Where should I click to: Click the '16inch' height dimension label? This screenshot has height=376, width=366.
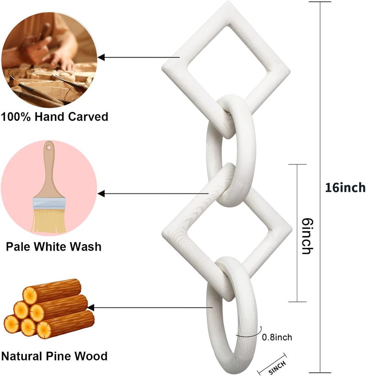345,188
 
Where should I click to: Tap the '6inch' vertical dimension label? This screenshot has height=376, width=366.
307,236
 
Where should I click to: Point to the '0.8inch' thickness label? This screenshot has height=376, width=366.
277,337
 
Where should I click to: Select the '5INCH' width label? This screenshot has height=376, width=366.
277,367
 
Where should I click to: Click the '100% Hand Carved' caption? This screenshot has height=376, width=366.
54,117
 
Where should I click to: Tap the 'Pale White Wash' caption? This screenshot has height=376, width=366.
54,247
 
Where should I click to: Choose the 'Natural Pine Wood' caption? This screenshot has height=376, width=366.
54,356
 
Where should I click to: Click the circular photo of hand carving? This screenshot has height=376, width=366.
49,60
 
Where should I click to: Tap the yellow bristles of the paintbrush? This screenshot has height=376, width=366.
48,220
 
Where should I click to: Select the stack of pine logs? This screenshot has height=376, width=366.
49,309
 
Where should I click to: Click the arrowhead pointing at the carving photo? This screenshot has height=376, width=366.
101,57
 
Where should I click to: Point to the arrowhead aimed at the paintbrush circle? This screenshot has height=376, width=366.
101,193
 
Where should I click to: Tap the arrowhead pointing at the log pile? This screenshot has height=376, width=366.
91,307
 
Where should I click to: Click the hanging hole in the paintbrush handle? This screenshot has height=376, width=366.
49,147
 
